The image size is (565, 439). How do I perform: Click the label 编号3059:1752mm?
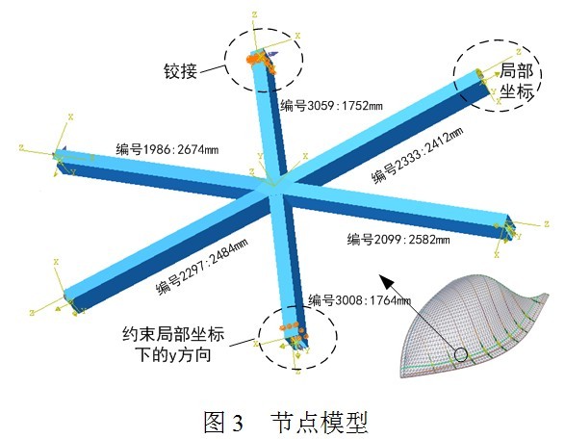[x=331, y=106]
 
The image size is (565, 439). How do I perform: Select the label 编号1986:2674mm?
[x=167, y=149]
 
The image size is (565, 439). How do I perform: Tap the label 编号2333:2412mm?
[x=418, y=155]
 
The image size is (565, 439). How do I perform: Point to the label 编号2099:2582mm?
[x=398, y=240]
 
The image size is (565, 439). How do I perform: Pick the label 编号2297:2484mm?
[x=202, y=267]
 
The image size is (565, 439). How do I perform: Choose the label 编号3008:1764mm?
[x=359, y=299]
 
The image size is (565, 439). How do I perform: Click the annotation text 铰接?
[x=181, y=71]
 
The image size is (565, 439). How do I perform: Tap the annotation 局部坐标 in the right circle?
[x=517, y=81]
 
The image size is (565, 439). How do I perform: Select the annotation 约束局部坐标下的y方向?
[x=173, y=345]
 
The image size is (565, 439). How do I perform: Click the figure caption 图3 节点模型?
[x=285, y=422]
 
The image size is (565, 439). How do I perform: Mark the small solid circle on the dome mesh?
[x=460, y=354]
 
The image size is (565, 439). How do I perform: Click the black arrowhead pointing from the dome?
[x=384, y=281]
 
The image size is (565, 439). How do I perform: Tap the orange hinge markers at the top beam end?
[x=261, y=62]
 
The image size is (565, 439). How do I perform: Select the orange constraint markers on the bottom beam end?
[x=295, y=331]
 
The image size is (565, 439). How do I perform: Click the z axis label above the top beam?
[x=254, y=14]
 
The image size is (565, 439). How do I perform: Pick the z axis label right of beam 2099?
[x=547, y=223]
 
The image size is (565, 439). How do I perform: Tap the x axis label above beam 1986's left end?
[x=70, y=116]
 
